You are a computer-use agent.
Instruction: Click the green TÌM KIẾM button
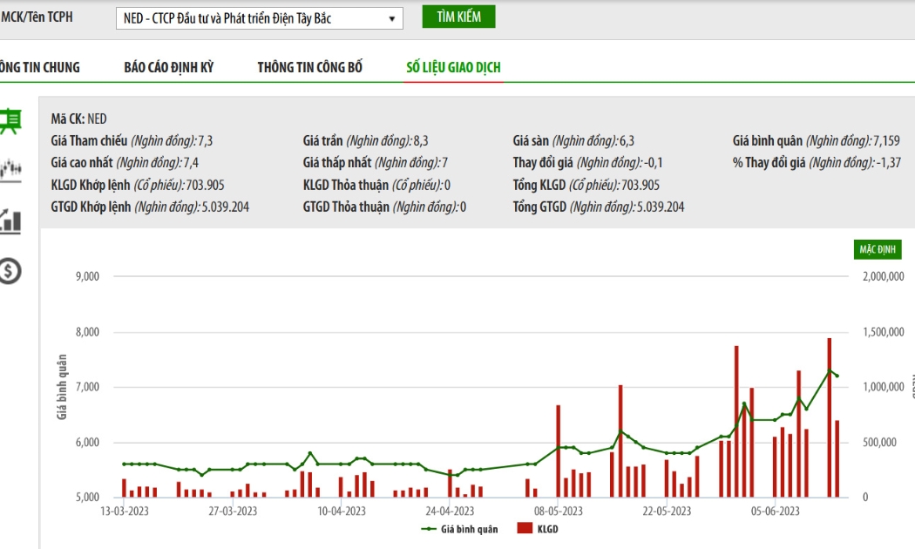(x=458, y=17)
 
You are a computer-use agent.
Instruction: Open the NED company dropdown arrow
(x=392, y=18)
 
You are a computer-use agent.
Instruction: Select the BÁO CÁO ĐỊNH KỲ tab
(x=169, y=67)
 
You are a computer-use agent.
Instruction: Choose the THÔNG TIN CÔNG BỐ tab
(x=310, y=67)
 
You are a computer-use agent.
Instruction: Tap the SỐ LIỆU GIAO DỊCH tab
(x=453, y=67)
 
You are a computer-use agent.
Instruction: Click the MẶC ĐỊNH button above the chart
(x=878, y=250)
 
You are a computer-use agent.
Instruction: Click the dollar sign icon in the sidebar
(x=10, y=271)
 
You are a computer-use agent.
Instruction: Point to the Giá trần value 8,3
(x=421, y=140)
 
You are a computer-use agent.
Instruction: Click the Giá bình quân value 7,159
(x=886, y=140)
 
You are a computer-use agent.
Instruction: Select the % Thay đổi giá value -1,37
(x=889, y=163)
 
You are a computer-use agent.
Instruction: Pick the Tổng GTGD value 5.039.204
(x=660, y=207)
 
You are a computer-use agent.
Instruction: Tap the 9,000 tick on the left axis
(x=87, y=276)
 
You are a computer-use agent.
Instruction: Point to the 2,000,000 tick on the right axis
(x=884, y=276)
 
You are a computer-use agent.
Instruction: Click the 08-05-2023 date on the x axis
(x=559, y=512)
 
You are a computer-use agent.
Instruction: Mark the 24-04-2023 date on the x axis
(x=450, y=512)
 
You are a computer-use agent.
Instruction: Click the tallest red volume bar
(x=830, y=417)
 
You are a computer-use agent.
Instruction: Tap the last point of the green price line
(x=837, y=376)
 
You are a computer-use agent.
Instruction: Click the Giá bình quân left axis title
(x=62, y=386)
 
